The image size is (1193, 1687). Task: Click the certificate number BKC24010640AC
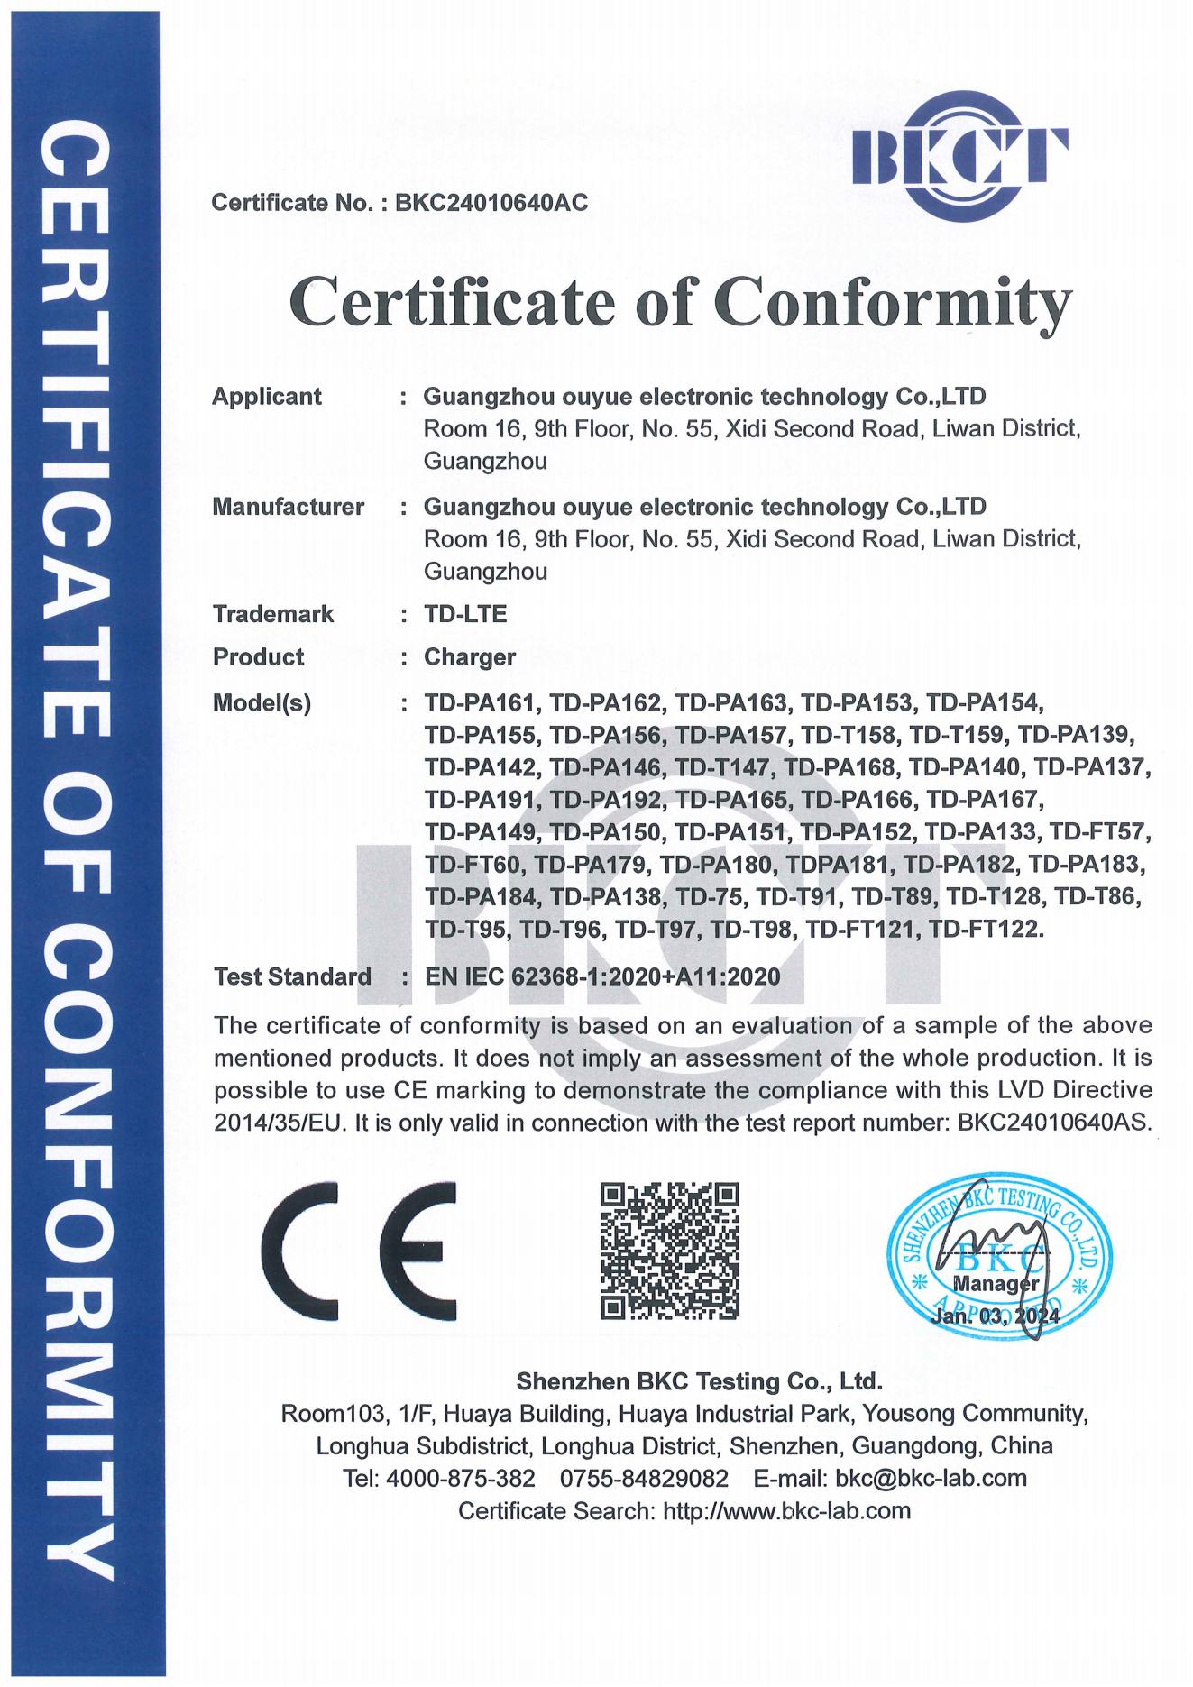tap(491, 203)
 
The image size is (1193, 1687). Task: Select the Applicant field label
tap(267, 397)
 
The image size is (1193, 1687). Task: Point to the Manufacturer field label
tap(289, 507)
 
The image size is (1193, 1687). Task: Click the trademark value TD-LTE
tap(465, 614)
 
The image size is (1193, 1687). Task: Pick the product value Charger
tap(470, 657)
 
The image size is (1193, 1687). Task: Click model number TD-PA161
tap(482, 702)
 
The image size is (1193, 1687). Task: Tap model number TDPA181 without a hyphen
tap(839, 865)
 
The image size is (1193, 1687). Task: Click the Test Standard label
tap(292, 976)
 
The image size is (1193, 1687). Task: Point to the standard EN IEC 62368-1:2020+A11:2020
tap(602, 976)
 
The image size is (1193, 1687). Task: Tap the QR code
tap(670, 1251)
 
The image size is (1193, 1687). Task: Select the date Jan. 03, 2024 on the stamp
tap(996, 1316)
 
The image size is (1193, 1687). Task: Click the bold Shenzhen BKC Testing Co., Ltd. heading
tap(699, 1381)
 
